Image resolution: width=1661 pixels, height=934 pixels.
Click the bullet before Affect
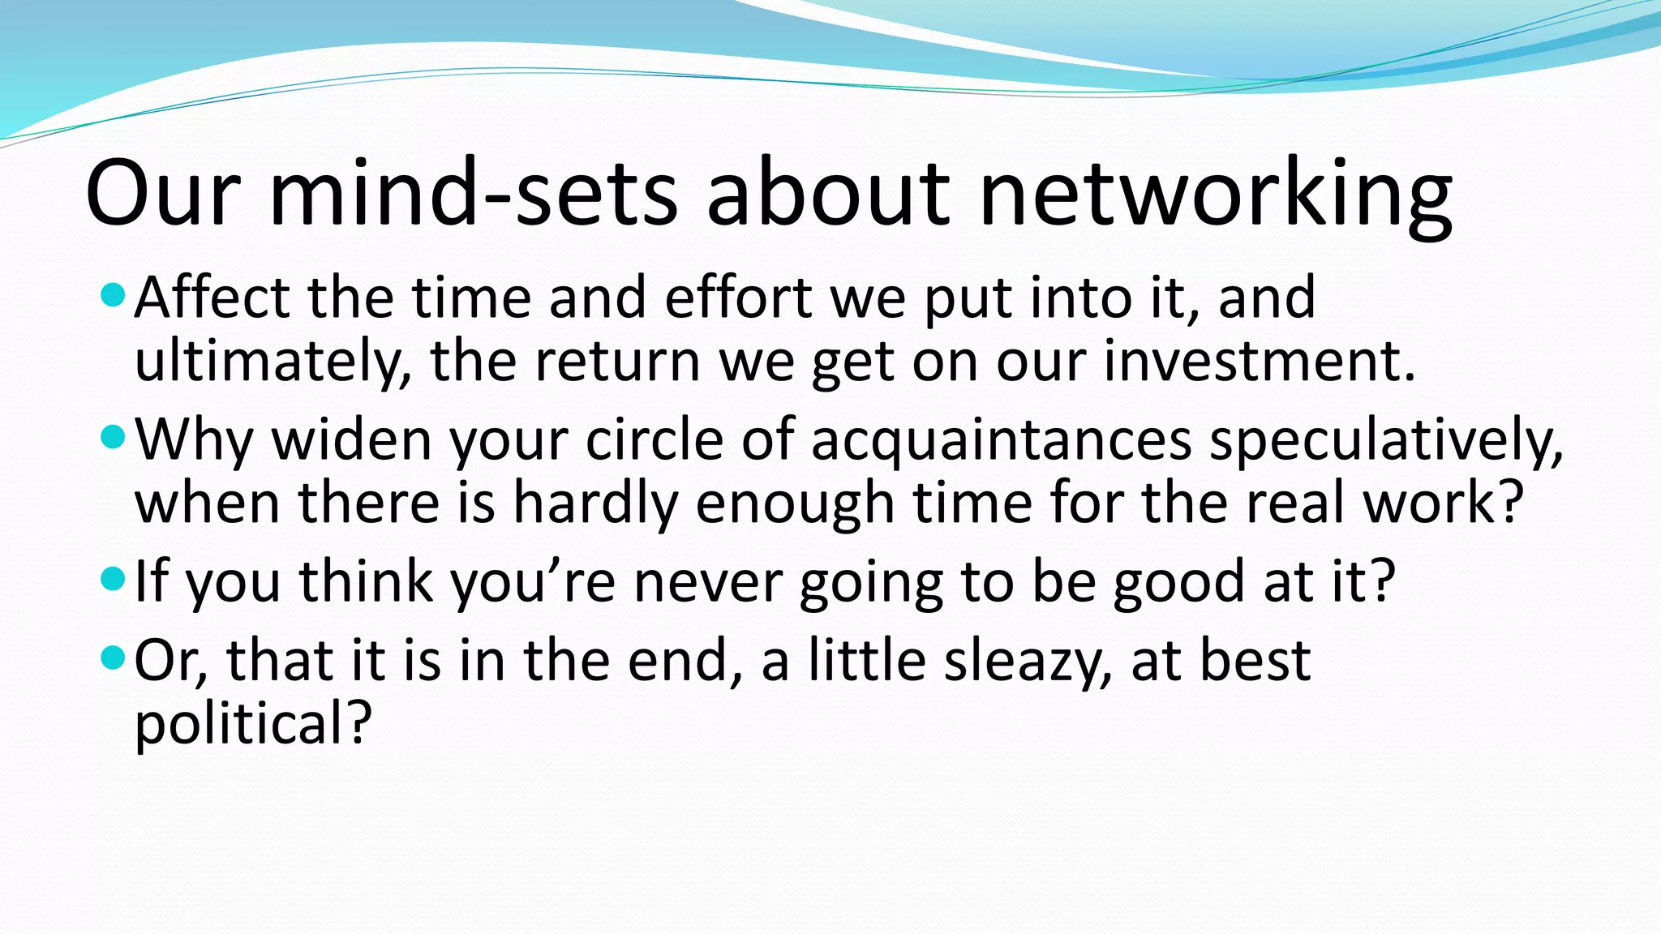[113, 296]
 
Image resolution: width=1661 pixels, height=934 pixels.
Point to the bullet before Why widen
[113, 439]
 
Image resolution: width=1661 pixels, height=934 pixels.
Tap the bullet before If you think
[113, 580]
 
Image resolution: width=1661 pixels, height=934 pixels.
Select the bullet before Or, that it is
[113, 658]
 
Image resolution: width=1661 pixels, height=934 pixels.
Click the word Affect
[212, 298]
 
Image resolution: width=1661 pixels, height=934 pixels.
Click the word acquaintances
[1001, 440]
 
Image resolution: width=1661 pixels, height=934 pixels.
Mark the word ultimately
[273, 362]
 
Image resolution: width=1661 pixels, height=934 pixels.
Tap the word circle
[654, 440]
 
